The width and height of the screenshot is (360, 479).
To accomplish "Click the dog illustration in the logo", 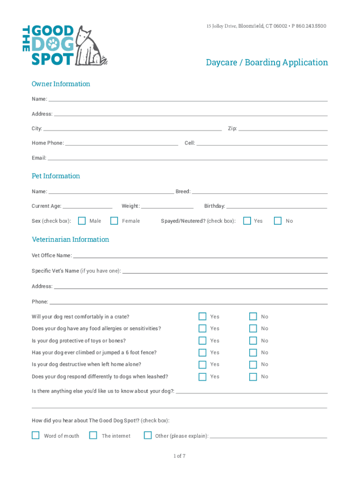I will pyautogui.click(x=92, y=45).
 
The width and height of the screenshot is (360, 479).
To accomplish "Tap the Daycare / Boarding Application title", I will pyautogui.click(x=267, y=62).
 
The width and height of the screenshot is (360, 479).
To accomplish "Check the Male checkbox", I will pyautogui.click(x=82, y=220).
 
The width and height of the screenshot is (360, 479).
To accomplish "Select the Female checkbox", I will pyautogui.click(x=114, y=220).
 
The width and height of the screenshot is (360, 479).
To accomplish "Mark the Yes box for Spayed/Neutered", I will pyautogui.click(x=247, y=220).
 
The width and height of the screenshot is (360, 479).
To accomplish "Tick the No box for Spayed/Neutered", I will pyautogui.click(x=278, y=220).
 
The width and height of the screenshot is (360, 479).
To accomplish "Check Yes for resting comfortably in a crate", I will pyautogui.click(x=202, y=316).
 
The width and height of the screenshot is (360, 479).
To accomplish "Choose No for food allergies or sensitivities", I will pyautogui.click(x=253, y=328).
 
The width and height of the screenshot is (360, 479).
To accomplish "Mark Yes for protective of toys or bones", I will pyautogui.click(x=202, y=341).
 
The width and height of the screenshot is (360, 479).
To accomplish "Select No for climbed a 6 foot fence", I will pyautogui.click(x=253, y=352).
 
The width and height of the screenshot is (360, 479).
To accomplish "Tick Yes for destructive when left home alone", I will pyautogui.click(x=202, y=364).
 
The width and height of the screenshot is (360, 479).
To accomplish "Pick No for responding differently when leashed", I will pyautogui.click(x=253, y=377).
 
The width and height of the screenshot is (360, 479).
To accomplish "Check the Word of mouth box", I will pyautogui.click(x=36, y=435).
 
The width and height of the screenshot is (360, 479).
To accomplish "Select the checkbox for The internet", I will pyautogui.click(x=93, y=435).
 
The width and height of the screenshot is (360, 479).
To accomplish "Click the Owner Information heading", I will pyautogui.click(x=61, y=84).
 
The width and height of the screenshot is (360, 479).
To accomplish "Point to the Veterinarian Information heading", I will pyautogui.click(x=70, y=239).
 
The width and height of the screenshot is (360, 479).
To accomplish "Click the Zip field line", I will pyautogui.click(x=283, y=130).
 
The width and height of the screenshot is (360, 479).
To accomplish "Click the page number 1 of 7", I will pyautogui.click(x=180, y=456).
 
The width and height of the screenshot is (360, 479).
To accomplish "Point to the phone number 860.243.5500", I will pyautogui.click(x=310, y=26).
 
